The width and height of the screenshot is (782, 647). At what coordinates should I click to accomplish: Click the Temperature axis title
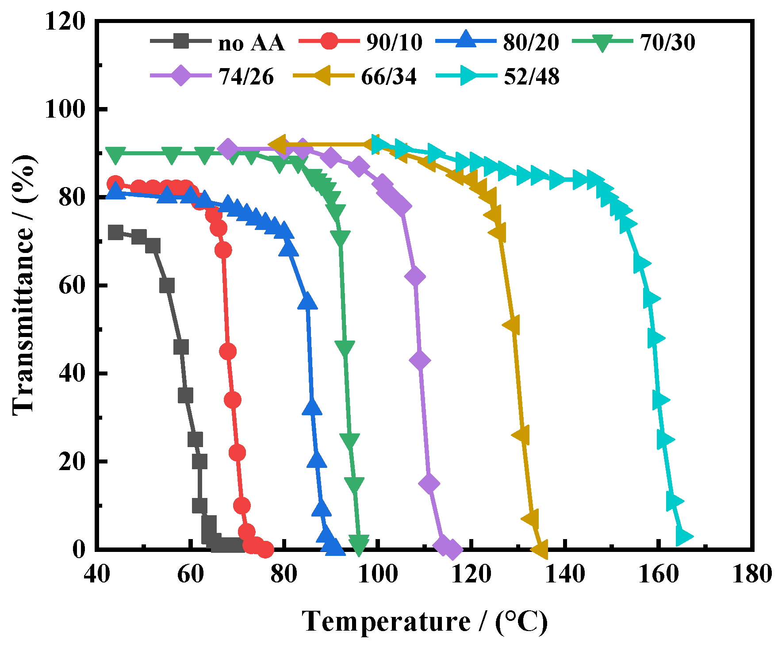pyautogui.click(x=425, y=621)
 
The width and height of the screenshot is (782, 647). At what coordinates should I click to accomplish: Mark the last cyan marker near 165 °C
pyautogui.click(x=684, y=536)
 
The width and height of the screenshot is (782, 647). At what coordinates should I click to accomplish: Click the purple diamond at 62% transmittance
pyautogui.click(x=414, y=277)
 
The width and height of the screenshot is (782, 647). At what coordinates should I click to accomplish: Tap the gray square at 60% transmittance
pyautogui.click(x=167, y=285)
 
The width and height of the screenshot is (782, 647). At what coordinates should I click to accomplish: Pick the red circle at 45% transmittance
pyautogui.click(x=227, y=352)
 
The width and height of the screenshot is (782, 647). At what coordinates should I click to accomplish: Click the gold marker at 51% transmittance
pyautogui.click(x=512, y=325)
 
